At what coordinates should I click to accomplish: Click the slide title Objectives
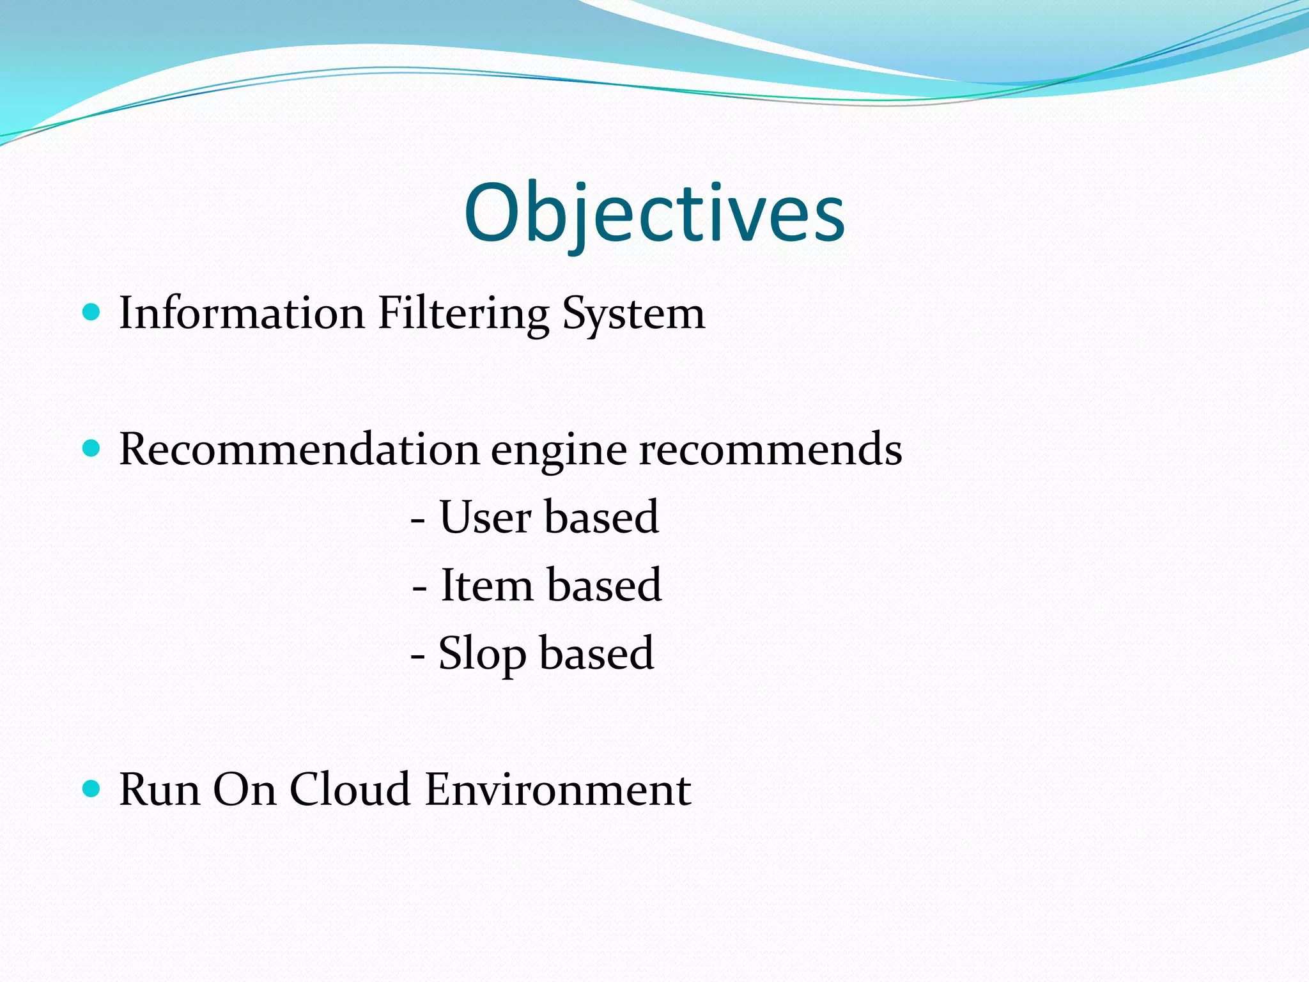point(654,214)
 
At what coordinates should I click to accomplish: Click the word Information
point(242,313)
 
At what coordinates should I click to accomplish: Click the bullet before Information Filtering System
point(92,312)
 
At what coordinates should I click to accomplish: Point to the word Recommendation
point(298,449)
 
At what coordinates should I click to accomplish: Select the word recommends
point(771,449)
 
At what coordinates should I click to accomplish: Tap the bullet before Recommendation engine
point(92,448)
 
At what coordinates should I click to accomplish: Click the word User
point(486,517)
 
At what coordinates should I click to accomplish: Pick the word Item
point(486,585)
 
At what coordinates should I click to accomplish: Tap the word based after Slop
point(597,653)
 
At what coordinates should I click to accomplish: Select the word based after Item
point(604,585)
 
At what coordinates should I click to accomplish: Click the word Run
point(159,790)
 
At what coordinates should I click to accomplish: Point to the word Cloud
point(350,790)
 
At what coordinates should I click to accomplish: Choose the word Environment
point(557,790)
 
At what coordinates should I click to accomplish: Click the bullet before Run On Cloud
point(92,788)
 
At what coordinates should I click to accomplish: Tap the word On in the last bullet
point(245,790)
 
